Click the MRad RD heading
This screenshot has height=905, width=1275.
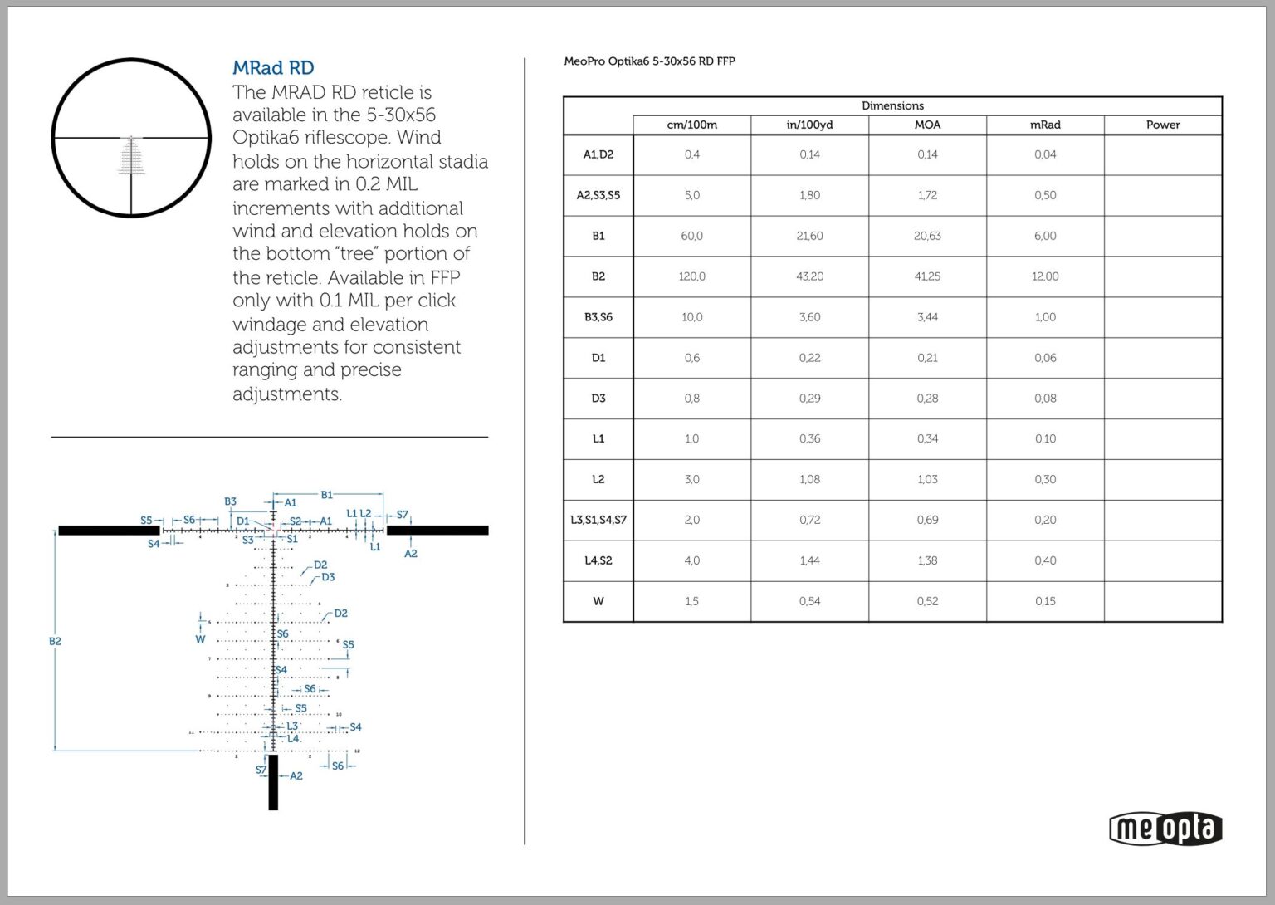[x=272, y=68]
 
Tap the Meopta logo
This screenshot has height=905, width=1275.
[x=1165, y=828]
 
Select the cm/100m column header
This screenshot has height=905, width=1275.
[x=691, y=125]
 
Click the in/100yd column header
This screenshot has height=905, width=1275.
[x=809, y=125]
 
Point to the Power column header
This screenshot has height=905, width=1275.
[x=1162, y=125]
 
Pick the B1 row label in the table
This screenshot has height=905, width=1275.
[x=598, y=236]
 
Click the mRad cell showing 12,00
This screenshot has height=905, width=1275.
[x=1045, y=276]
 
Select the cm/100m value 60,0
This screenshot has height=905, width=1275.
[x=691, y=236]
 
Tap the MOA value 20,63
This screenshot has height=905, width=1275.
[x=927, y=236]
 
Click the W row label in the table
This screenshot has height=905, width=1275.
[x=598, y=601]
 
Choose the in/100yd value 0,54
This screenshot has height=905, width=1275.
[x=809, y=601]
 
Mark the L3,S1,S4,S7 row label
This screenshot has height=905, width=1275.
[x=598, y=520]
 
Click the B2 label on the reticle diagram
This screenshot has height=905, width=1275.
[x=55, y=641]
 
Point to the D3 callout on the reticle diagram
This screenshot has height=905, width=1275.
[x=328, y=577]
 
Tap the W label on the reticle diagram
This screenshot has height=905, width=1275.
[x=200, y=639]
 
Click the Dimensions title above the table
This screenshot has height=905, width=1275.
[x=892, y=105]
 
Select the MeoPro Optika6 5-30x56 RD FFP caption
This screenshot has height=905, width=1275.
[x=649, y=61]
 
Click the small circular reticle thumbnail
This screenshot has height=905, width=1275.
[x=131, y=138]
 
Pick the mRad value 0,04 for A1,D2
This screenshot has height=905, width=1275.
[x=1045, y=154]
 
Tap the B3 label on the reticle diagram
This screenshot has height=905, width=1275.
[x=230, y=501]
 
